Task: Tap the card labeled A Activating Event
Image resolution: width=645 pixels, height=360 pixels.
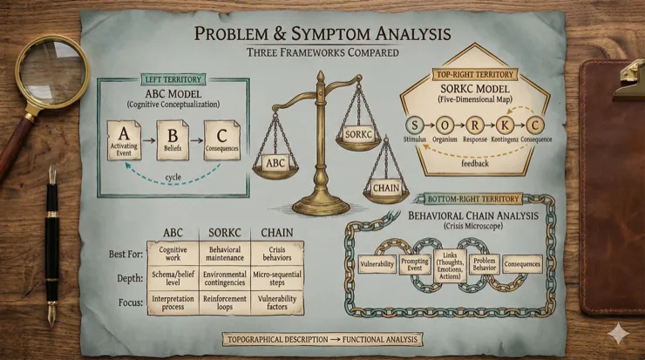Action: click(124, 140)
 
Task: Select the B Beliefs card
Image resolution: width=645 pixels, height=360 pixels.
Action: click(173, 140)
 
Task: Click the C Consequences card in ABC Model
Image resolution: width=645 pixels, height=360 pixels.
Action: click(221, 140)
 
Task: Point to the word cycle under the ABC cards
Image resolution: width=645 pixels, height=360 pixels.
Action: click(173, 177)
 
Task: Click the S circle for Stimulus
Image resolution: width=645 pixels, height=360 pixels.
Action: click(415, 125)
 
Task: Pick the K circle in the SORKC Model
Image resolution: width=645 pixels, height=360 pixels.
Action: click(505, 125)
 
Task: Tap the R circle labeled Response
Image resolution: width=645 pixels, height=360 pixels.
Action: click(475, 125)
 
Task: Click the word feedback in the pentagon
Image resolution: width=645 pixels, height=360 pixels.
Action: click(475, 163)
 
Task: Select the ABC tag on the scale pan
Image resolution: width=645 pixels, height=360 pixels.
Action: click(275, 163)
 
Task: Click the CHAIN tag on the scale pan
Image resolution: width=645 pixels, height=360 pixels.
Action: click(386, 188)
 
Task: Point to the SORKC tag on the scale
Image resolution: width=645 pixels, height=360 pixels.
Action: click(358, 134)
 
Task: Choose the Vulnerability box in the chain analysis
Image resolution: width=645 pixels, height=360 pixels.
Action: click(377, 264)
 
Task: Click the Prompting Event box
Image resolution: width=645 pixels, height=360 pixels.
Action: click(415, 264)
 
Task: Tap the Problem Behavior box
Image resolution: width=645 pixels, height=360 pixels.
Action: click(484, 264)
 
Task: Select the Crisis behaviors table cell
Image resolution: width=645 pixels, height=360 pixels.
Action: click(277, 254)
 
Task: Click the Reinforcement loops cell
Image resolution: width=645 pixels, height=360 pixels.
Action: click(225, 302)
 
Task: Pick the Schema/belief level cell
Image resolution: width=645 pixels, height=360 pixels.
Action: click(173, 278)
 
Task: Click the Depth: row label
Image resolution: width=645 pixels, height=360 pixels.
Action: click(130, 279)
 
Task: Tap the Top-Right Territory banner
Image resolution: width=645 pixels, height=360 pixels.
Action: click(475, 74)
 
